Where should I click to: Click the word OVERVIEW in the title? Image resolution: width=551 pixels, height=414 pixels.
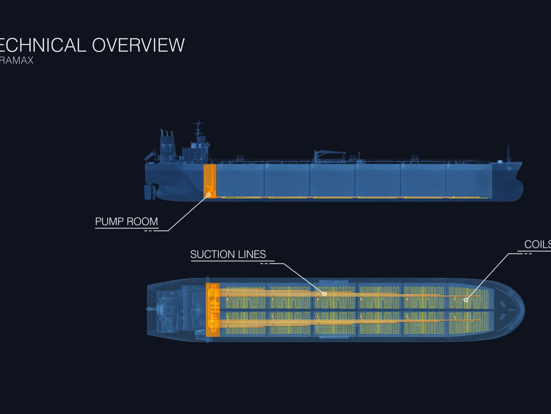point(138,45)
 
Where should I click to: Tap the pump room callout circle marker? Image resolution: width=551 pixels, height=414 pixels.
point(208,195)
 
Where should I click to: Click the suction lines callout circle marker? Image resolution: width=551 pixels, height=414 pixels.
point(324,294)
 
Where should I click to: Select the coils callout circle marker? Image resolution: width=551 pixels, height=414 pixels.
point(466,300)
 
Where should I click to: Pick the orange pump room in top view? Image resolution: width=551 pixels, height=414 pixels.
point(212,309)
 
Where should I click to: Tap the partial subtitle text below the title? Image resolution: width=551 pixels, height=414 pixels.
point(17,60)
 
